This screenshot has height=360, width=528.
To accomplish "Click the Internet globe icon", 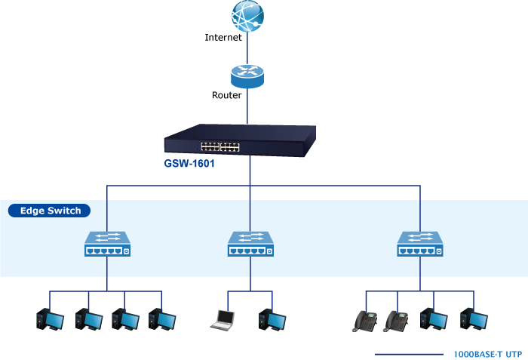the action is click(247, 16).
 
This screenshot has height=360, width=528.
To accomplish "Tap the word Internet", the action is click(223, 37).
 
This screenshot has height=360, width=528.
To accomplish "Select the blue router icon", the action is click(247, 76).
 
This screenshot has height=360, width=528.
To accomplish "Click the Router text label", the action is click(226, 95).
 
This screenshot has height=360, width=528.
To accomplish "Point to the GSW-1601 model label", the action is click(189, 164).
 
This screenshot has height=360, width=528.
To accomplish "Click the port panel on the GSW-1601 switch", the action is click(220, 147).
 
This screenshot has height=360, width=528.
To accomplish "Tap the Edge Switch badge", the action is click(49, 211).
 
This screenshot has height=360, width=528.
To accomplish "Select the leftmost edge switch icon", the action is click(107, 244).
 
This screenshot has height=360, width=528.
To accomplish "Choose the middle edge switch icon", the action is click(250, 244).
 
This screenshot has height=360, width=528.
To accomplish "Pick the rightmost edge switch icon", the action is click(420, 244).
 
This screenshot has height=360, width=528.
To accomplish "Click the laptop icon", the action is click(223, 320).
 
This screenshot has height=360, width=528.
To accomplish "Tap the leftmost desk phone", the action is click(365, 322).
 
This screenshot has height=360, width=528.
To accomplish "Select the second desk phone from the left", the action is click(396, 322).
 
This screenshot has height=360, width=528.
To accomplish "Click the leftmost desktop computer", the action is click(51, 319).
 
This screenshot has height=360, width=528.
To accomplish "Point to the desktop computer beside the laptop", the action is click(272, 319).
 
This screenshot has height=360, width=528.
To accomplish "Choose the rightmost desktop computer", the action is click(474, 319).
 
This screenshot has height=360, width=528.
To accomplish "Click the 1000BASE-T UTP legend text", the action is click(487, 354).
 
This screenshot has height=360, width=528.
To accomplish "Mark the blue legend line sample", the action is click(409, 355).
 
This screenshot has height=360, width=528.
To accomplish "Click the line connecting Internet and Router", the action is click(247, 48).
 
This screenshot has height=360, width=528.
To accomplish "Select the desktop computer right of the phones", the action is click(434, 319).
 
